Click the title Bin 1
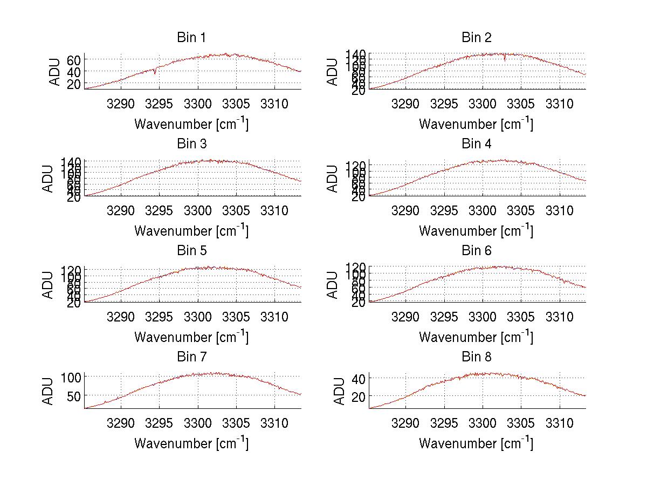[x=191, y=38]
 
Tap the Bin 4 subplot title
[x=477, y=144]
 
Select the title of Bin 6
[x=477, y=250]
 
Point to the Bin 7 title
[x=191, y=357]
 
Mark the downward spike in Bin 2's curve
[x=505, y=58]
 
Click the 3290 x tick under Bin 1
[x=121, y=103]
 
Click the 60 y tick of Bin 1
[x=74, y=59]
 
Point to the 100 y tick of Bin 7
[x=71, y=377]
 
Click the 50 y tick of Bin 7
[x=74, y=396]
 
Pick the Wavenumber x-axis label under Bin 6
[x=476, y=337]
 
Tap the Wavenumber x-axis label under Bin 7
[x=191, y=443]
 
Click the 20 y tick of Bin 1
[x=74, y=84]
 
